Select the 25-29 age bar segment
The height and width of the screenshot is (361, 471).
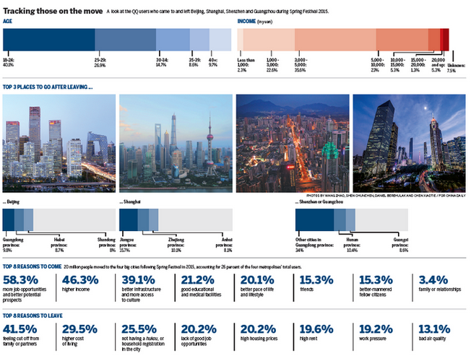click(125, 40)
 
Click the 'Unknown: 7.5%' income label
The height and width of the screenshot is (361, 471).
click(455, 68)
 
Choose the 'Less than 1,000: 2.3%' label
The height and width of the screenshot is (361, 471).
click(248, 64)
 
